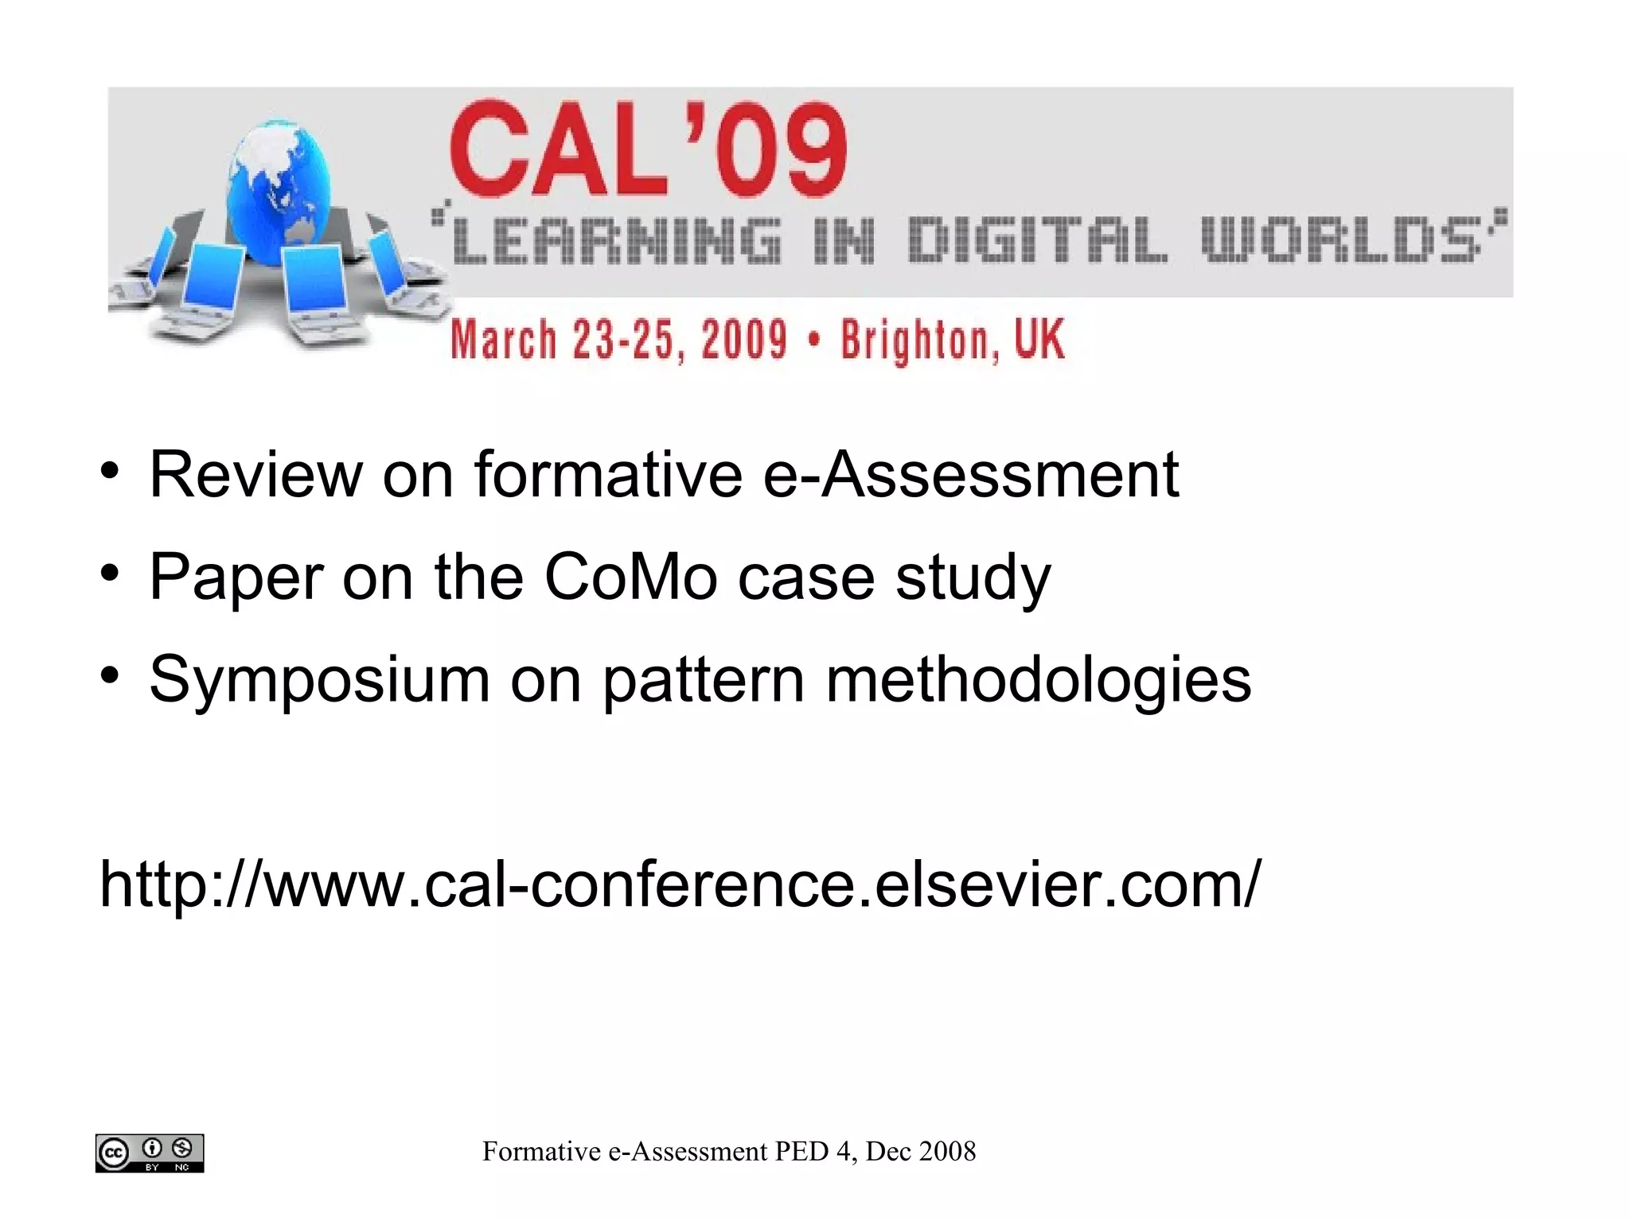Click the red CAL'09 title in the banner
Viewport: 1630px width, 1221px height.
click(x=649, y=150)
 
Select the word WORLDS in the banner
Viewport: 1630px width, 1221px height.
click(x=1342, y=239)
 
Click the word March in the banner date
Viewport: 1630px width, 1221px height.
click(x=503, y=340)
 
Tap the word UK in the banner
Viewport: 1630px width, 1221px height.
click(x=1039, y=338)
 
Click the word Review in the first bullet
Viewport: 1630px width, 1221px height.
click(x=255, y=475)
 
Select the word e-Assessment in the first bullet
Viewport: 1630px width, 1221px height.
click(x=970, y=475)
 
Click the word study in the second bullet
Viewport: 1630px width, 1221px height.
click(x=973, y=578)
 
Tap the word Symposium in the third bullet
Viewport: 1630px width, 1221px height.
click(x=319, y=680)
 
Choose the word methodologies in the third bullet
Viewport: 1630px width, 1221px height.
click(x=1038, y=680)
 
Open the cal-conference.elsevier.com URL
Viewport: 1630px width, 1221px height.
click(x=680, y=884)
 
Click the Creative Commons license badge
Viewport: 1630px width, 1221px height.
click(x=150, y=1153)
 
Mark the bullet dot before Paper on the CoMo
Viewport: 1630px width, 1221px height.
click(x=110, y=573)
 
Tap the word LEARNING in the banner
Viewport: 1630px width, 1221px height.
click(x=618, y=239)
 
